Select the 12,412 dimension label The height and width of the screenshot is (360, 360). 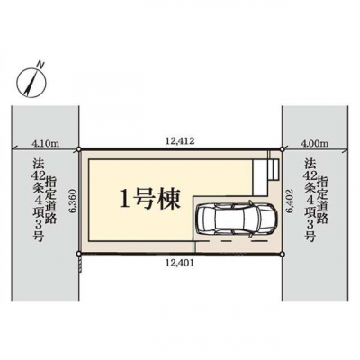point(180,140)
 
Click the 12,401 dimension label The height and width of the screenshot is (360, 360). point(180,263)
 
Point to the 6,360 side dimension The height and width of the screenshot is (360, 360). point(74,202)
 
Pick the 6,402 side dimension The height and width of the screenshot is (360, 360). point(290,201)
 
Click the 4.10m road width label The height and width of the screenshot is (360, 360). point(45,144)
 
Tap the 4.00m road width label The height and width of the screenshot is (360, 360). point(311,144)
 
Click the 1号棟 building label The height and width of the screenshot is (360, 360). point(149,199)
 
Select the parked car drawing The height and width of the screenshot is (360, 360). point(236,219)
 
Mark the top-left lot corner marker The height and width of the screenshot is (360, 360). point(78,149)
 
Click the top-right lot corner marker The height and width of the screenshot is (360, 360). point(282,149)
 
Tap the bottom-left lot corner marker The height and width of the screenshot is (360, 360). point(78,254)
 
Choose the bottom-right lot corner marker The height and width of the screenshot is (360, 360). point(282,254)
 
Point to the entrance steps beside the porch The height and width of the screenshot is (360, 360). point(274,169)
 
